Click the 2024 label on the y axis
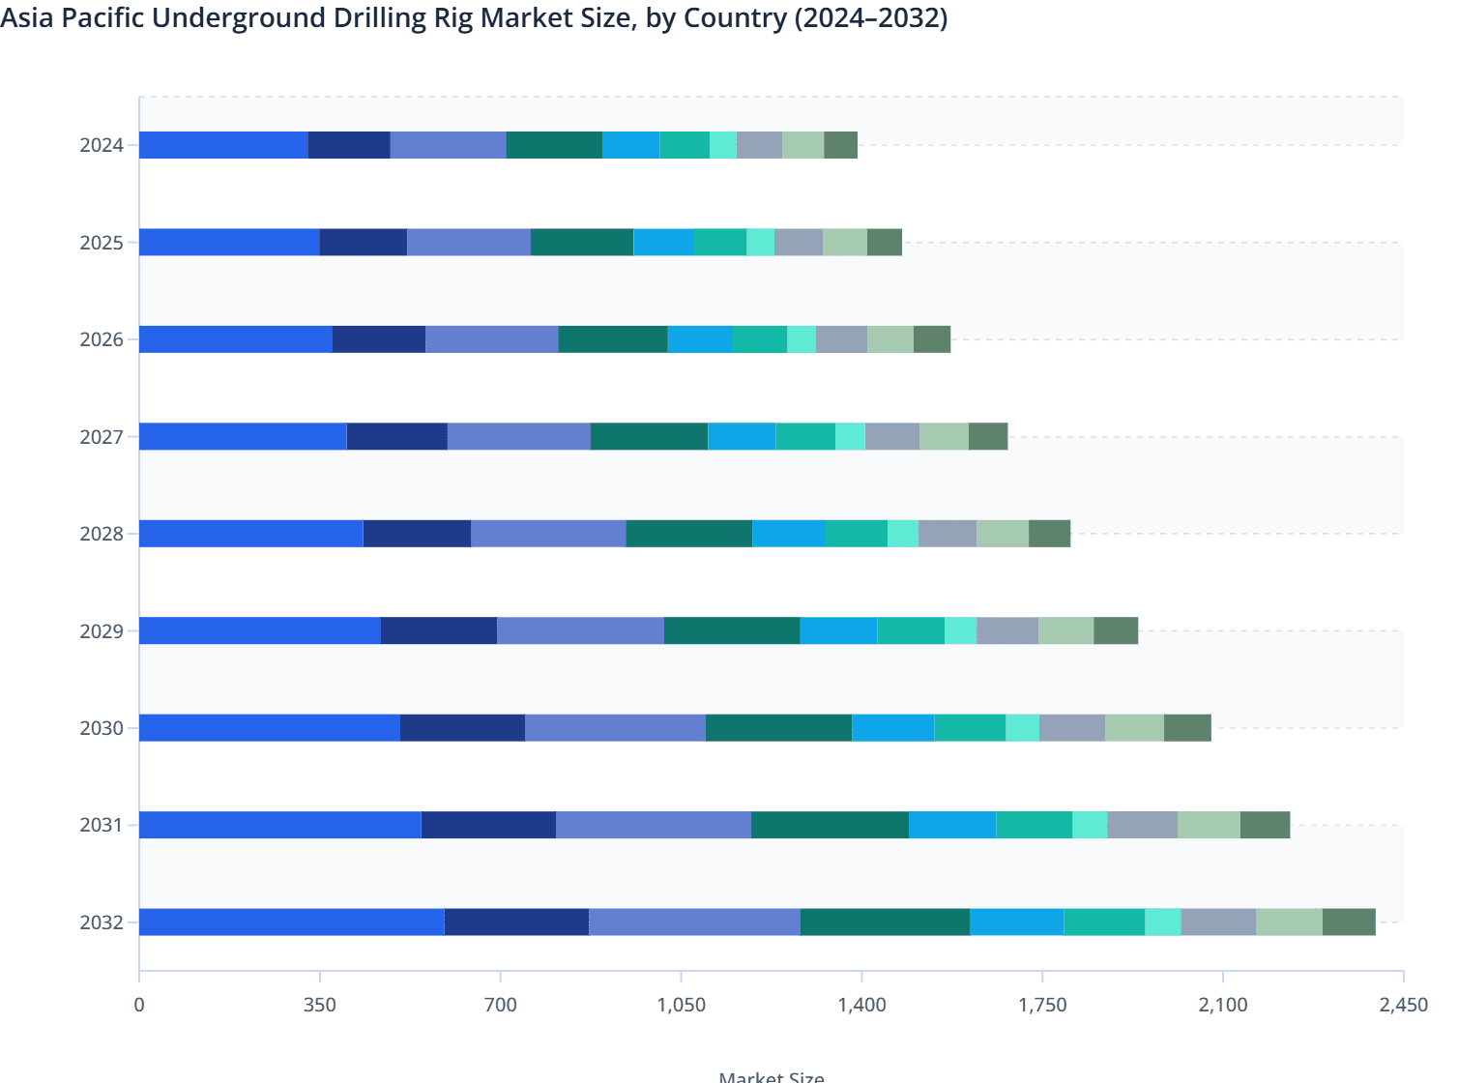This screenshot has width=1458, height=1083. (x=102, y=146)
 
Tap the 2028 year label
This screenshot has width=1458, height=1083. (x=102, y=535)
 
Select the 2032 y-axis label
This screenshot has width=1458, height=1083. (x=102, y=923)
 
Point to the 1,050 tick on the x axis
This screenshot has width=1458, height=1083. (x=681, y=1006)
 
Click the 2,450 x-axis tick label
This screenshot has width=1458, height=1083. (x=1402, y=1006)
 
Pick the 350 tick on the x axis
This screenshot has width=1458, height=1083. (x=319, y=1006)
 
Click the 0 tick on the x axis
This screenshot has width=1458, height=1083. (x=139, y=1006)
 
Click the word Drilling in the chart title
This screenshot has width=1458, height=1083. (x=425, y=17)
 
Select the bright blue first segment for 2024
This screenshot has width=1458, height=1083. (x=223, y=145)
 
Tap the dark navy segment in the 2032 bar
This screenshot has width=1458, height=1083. (x=516, y=922)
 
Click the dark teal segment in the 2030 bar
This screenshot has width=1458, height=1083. (x=778, y=727)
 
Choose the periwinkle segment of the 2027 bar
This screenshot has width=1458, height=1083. (x=518, y=436)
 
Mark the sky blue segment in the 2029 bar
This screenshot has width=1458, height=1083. (x=838, y=630)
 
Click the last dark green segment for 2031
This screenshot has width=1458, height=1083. (x=1265, y=825)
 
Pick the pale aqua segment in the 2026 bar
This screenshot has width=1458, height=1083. (x=802, y=339)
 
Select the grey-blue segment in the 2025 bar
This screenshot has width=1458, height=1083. (x=799, y=242)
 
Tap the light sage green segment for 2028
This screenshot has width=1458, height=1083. (x=1003, y=534)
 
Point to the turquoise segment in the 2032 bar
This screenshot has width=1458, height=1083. (x=1104, y=922)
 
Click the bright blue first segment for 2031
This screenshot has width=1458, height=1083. (x=280, y=825)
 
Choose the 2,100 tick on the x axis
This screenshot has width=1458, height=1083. (x=1223, y=1006)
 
